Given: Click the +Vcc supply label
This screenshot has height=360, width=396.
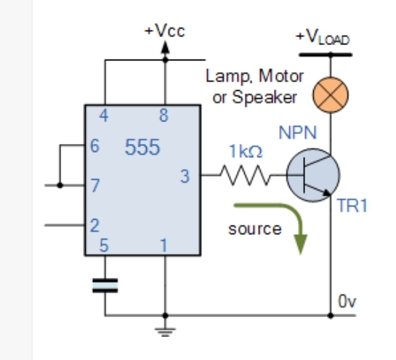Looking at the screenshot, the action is pos(165,31).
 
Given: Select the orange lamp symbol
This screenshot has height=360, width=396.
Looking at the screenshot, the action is pos(331,95).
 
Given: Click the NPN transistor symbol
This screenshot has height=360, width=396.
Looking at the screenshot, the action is pos(313,175).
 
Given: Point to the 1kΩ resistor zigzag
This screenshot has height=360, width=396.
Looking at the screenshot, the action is pos(245,175).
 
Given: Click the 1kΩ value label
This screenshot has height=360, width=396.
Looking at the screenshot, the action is pos(246,151).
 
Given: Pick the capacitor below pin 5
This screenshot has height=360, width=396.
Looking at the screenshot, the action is pos(105,286).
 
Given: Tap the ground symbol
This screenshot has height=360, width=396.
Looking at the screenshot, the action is pos(165,332).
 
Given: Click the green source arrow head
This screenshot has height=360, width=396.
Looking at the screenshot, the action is pos(301,244).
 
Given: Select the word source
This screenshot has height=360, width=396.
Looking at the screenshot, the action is pos(255,229).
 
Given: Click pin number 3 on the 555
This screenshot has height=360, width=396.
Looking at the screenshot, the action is pos(185,176).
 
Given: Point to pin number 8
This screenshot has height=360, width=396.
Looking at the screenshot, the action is pos(164,116).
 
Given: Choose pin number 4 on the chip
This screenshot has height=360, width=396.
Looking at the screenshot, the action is pos(104,116).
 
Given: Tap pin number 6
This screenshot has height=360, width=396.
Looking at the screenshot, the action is pos(94,146).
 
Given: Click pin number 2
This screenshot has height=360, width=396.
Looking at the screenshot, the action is pos(94,225).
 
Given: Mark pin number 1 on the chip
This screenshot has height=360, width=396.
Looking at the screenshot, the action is pos(164,245).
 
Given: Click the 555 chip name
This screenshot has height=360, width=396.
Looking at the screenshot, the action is pos(142,147).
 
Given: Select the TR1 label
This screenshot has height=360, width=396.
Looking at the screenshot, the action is pos(352,205).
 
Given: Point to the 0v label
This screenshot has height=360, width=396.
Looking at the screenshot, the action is pos(347,301).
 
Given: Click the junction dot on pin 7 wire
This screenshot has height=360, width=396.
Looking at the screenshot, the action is pos(60,185).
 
